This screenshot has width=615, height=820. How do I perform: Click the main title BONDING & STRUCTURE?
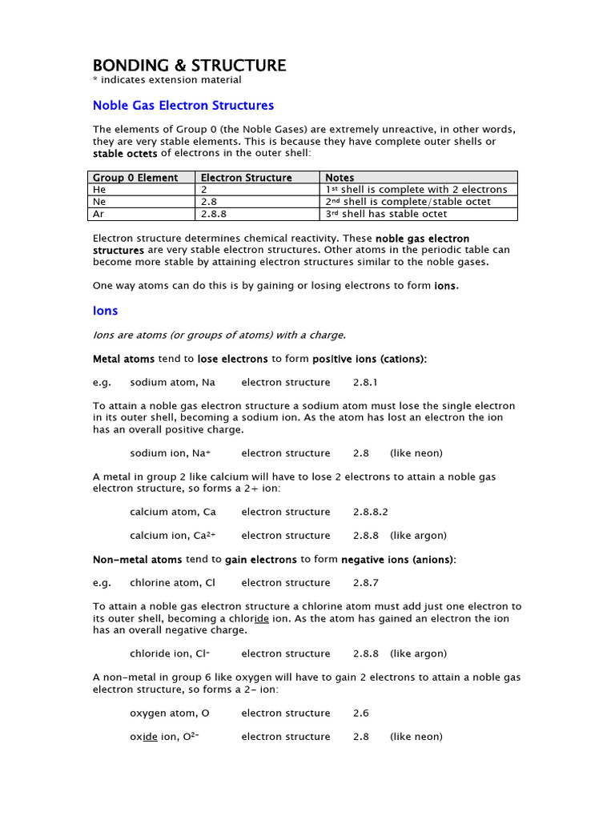point(189,66)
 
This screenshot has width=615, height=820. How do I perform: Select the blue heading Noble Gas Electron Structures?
point(183,106)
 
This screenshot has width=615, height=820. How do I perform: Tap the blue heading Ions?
point(106,311)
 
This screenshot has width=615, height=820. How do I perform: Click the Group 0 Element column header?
point(135,178)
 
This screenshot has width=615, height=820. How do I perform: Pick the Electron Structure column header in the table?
point(246,178)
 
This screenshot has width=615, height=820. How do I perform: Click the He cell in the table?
point(100,190)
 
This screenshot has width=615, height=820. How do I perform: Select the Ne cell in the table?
point(100,202)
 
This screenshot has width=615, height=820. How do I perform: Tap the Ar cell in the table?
point(99,214)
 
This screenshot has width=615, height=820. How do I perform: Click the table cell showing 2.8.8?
point(212,214)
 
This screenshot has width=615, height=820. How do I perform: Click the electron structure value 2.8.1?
point(365,383)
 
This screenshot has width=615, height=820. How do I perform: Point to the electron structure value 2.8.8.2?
point(370,512)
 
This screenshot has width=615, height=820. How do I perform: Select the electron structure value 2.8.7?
point(365,583)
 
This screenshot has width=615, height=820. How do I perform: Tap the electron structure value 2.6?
point(360,713)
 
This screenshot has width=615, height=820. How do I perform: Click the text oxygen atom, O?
point(163,713)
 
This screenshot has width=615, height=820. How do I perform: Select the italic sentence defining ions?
point(219,335)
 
